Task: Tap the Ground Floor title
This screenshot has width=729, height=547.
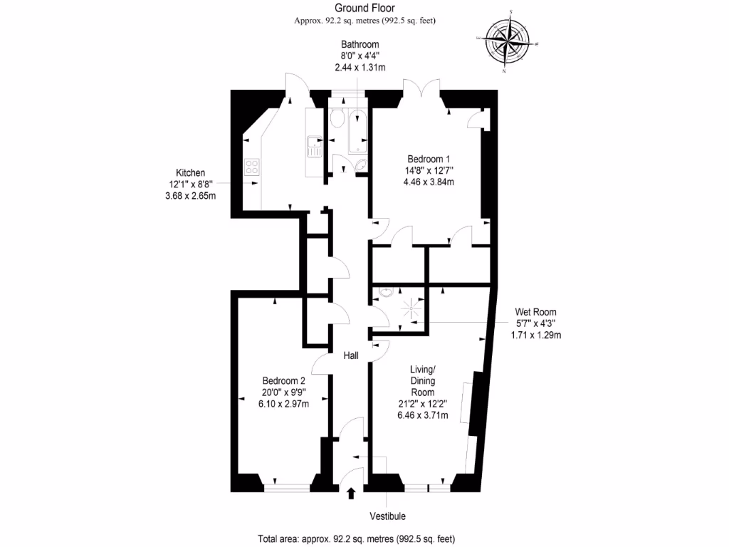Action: click(x=364, y=8)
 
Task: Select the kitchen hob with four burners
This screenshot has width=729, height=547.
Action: click(x=252, y=167)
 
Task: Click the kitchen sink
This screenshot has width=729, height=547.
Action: click(x=314, y=146)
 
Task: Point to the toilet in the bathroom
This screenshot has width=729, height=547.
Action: click(x=337, y=120)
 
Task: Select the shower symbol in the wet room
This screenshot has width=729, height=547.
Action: click(x=411, y=308)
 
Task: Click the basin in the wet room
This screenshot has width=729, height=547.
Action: click(x=387, y=292)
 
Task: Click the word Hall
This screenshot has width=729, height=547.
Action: click(x=352, y=355)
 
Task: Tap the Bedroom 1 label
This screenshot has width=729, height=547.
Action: click(x=429, y=158)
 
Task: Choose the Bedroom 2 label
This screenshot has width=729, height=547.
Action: click(x=283, y=380)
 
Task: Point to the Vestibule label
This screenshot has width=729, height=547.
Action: click(x=388, y=516)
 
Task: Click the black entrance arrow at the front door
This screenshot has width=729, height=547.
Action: click(x=350, y=492)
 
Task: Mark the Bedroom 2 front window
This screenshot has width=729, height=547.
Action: click(x=287, y=488)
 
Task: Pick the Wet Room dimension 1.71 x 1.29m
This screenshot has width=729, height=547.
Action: click(x=536, y=335)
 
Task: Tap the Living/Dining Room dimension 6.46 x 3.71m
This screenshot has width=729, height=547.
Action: click(x=423, y=415)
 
